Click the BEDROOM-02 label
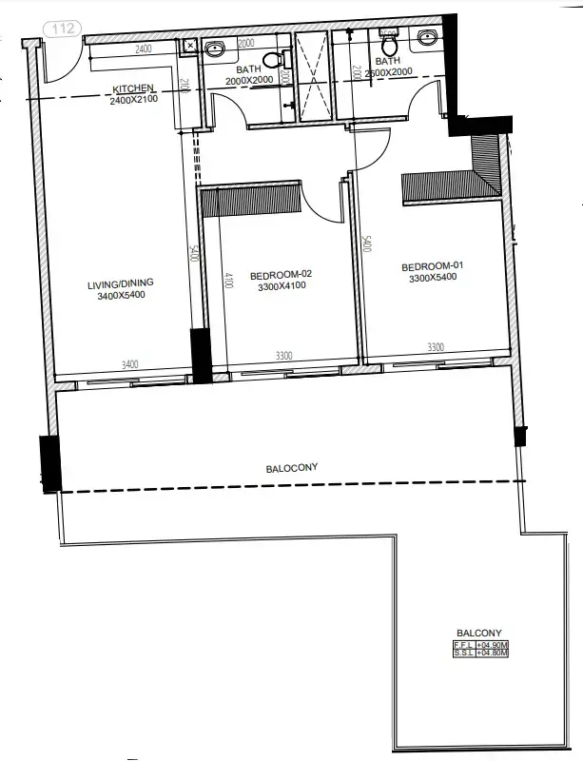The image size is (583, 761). [x=281, y=275]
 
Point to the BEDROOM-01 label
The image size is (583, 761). [x=432, y=266]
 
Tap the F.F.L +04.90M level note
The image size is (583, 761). [x=480, y=645]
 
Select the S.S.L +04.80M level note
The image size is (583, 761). [x=480, y=654]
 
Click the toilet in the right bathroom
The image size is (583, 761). [x=388, y=45]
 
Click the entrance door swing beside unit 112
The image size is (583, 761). [x=59, y=59]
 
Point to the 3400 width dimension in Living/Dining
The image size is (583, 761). [x=131, y=363]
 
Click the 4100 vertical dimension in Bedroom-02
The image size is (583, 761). [x=228, y=281]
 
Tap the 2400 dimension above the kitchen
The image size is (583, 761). [x=143, y=48]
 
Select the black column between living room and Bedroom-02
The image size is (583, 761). [x=202, y=356]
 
